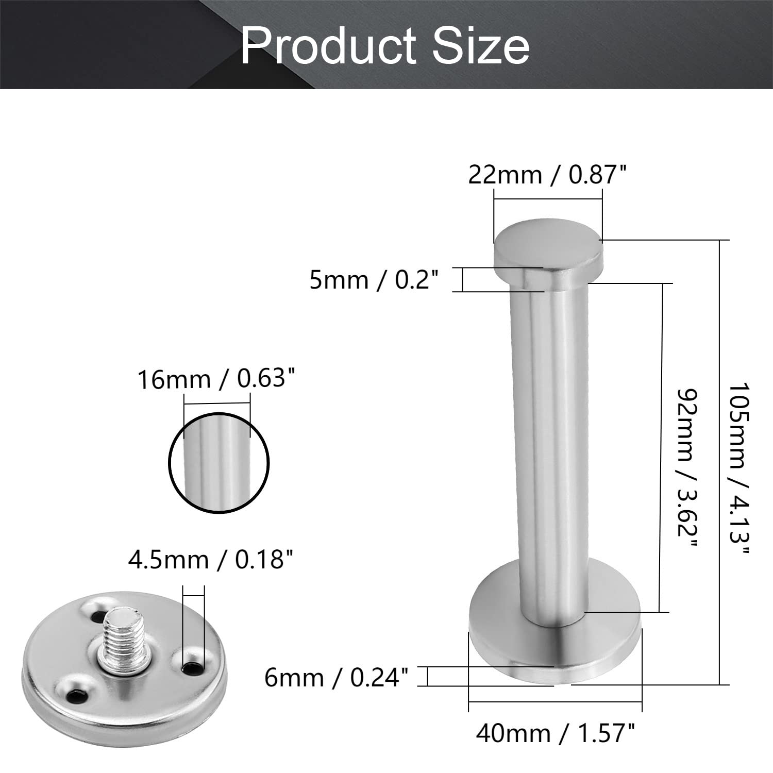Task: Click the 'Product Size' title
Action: [385, 46]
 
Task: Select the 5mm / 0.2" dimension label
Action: [374, 280]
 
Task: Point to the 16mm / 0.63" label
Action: [218, 380]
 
